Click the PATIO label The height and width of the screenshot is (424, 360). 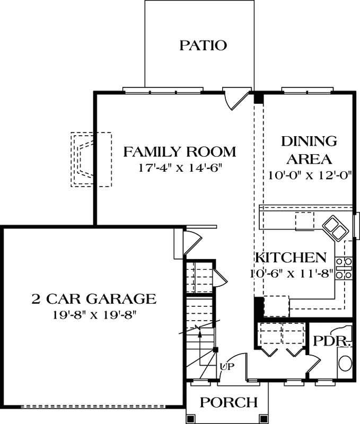coord(203,45)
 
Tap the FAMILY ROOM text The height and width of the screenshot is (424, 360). coord(179,153)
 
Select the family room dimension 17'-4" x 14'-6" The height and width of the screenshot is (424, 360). coord(179,169)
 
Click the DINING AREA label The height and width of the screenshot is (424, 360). coord(309,150)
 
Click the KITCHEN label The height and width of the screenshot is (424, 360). coord(291,258)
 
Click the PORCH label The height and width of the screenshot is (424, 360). coord(229,403)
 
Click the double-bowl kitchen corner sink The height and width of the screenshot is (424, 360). coord(336,227)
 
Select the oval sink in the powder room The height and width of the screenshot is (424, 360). coord(345,364)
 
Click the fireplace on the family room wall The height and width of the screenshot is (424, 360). coord(85,159)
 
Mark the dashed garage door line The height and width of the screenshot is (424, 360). coord(93,407)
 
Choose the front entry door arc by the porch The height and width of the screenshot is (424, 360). coord(239,366)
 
